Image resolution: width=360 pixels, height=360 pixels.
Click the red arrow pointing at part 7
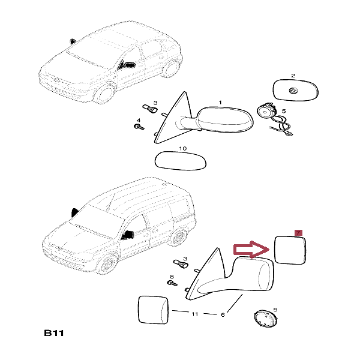point(251,250)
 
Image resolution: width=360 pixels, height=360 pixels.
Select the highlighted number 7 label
point(298,233)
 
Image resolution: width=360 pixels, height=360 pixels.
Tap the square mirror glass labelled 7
point(290,250)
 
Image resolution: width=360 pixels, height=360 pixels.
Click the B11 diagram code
point(54,333)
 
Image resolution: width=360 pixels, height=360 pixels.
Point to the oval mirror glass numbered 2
point(296,90)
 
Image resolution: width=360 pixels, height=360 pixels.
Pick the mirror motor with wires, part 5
point(273,119)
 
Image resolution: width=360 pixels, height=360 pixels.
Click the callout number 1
point(220,103)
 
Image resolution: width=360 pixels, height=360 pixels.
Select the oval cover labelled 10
point(181,161)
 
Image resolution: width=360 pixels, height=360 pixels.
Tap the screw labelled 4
point(139,127)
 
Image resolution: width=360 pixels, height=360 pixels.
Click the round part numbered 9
point(265,319)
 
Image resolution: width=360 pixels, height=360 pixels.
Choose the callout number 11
point(194,314)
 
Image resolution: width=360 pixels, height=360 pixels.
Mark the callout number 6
point(223,315)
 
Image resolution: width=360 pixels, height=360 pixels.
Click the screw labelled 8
point(172,283)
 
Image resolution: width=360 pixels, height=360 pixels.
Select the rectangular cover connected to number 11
point(153,310)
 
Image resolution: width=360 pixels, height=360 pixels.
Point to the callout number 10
point(183,149)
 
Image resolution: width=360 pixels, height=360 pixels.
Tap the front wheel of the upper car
point(105,93)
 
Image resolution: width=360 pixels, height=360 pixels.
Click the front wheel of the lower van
point(107,264)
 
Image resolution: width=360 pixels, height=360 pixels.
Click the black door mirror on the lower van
point(128,235)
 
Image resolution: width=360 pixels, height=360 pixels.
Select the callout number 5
point(284,111)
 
